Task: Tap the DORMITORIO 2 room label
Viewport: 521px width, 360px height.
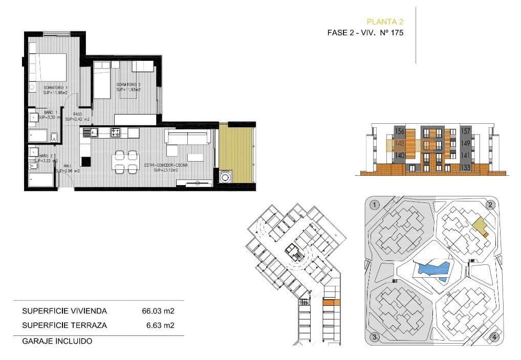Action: click(x=128, y=84)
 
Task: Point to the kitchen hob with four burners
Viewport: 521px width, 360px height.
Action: click(x=116, y=133)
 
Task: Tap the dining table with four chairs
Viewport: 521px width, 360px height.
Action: click(x=126, y=162)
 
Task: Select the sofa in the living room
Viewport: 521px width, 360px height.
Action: click(x=187, y=137)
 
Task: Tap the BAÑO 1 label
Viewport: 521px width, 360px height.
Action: click(x=50, y=112)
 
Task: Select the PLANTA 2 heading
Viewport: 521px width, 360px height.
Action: click(x=385, y=21)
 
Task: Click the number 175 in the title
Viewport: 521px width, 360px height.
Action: click(x=397, y=33)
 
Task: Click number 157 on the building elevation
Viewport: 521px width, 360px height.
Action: click(x=465, y=131)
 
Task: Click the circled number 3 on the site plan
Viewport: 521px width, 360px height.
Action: click(x=375, y=336)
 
